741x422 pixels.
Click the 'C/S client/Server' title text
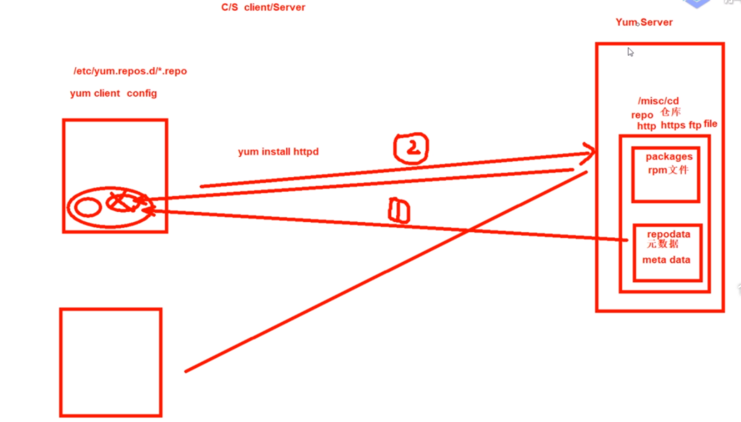point(263,8)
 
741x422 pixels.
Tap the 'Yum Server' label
point(644,22)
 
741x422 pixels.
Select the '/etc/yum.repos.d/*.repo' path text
point(130,71)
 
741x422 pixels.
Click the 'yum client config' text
point(113,94)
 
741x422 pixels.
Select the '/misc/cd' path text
point(659,101)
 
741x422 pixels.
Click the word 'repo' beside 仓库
point(642,115)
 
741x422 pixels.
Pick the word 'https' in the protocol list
point(673,125)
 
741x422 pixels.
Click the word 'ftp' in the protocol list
point(695,125)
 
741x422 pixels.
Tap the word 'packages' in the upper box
point(669,156)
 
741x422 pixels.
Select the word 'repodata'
point(668,234)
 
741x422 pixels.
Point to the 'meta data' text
point(666,259)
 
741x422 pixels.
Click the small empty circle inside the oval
point(88,207)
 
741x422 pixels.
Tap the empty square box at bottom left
point(111,362)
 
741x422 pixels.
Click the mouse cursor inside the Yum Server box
point(630,52)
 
